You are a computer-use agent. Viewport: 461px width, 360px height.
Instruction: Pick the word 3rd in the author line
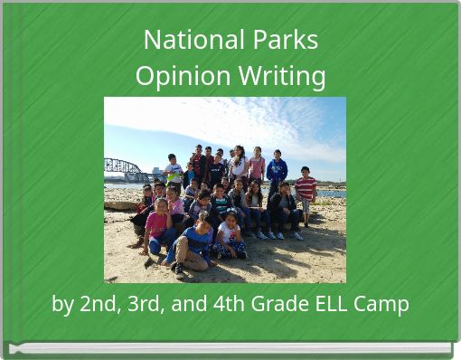coord(146,304)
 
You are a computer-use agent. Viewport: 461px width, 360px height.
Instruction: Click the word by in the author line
coord(62,304)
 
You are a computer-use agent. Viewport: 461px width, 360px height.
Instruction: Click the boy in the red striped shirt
coord(306,191)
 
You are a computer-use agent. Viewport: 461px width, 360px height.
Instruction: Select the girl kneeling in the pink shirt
coord(157,226)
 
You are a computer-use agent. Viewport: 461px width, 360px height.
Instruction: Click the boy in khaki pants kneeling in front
coord(193,244)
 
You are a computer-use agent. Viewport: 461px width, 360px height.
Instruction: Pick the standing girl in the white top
coord(239,166)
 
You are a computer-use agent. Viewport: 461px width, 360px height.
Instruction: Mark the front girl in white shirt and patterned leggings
coord(230,237)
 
